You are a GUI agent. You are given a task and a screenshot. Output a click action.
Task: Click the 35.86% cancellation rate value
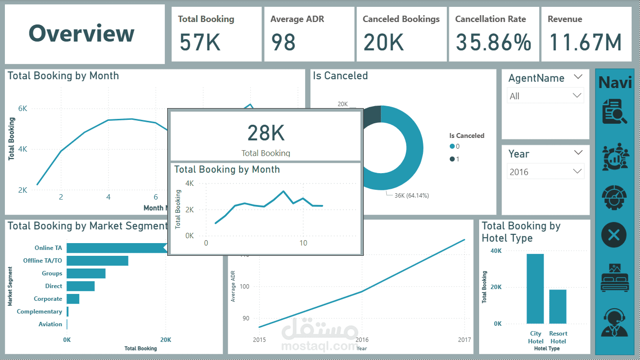(x=493, y=43)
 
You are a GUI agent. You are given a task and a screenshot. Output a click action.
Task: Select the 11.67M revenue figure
(x=585, y=43)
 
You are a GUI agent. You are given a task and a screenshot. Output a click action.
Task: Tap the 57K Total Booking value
(x=199, y=43)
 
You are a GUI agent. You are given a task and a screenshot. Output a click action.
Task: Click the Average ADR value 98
(x=283, y=43)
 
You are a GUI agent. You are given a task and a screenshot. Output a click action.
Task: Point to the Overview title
(x=81, y=33)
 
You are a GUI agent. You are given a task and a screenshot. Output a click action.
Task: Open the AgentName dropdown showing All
(x=545, y=96)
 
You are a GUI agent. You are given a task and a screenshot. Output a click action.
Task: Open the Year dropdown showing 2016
(x=545, y=172)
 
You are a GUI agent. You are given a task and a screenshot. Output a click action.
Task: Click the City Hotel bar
(x=535, y=289)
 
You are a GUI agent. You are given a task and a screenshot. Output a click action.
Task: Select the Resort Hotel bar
(x=558, y=307)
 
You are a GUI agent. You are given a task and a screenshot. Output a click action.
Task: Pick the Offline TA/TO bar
(x=97, y=261)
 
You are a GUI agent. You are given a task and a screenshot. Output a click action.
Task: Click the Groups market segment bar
(x=86, y=273)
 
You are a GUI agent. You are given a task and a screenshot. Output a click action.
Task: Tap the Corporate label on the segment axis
(x=48, y=299)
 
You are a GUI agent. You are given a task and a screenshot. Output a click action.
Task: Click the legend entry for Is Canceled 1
(x=455, y=159)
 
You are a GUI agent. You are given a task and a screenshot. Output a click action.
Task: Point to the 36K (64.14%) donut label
(x=411, y=196)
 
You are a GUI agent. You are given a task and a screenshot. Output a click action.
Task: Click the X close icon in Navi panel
(x=614, y=236)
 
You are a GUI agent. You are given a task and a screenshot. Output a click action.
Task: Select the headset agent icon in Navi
(x=614, y=322)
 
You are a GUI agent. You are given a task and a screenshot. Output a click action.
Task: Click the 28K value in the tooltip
(x=265, y=133)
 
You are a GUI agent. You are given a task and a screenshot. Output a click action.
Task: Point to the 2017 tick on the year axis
(x=464, y=340)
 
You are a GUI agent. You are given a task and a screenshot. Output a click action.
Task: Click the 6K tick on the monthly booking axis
(x=22, y=109)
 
